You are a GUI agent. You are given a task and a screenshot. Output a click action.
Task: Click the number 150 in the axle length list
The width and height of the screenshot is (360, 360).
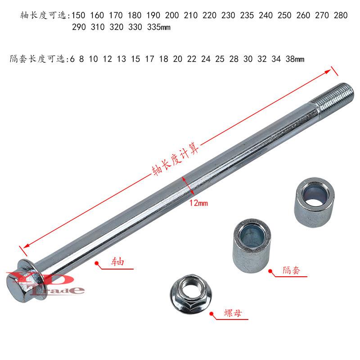78,15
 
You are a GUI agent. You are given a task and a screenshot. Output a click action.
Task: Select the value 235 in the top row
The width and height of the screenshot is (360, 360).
247,15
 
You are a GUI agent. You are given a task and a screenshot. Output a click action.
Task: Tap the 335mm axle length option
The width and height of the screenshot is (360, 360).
159,27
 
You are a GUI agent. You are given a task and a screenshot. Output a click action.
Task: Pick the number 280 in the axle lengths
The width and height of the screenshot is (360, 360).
341,15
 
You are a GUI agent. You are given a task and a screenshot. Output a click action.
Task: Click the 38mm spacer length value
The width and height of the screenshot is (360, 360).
295,59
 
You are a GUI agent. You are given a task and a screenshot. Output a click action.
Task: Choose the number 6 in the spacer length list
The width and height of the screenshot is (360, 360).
72,59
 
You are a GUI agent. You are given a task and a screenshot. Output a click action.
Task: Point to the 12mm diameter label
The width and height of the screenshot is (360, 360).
198,203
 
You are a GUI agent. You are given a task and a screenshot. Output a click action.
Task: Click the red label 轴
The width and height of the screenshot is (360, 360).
117,261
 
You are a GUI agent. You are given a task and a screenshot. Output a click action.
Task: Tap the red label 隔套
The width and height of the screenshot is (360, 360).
291,270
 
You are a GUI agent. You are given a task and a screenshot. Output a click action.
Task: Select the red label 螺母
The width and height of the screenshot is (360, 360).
233,313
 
